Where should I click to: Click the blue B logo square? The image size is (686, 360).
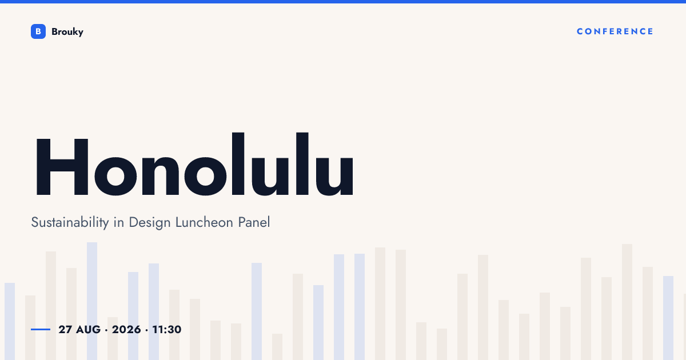point(38,31)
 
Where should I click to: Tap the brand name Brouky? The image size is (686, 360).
point(67,32)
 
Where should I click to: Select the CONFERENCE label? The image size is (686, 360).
point(615,31)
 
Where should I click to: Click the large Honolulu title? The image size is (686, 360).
point(195,165)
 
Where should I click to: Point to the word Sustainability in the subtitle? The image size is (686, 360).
point(70,222)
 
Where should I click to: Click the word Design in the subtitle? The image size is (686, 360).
point(150,222)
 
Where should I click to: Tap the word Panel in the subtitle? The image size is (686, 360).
point(254,222)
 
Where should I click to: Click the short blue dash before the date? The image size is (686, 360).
point(41,329)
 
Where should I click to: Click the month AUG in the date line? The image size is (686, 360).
point(88,330)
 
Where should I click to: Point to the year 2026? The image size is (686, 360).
point(126,330)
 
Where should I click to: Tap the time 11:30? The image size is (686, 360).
point(167,330)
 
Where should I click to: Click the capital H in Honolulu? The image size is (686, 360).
point(62,167)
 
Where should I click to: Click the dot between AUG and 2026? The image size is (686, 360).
point(106,330)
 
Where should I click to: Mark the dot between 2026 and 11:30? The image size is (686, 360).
point(147,330)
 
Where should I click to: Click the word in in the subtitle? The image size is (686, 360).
point(119,222)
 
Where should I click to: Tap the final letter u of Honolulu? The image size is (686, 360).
point(334,176)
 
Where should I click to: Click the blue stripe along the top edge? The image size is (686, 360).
point(343,2)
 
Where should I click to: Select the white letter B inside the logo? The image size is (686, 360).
point(38,31)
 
